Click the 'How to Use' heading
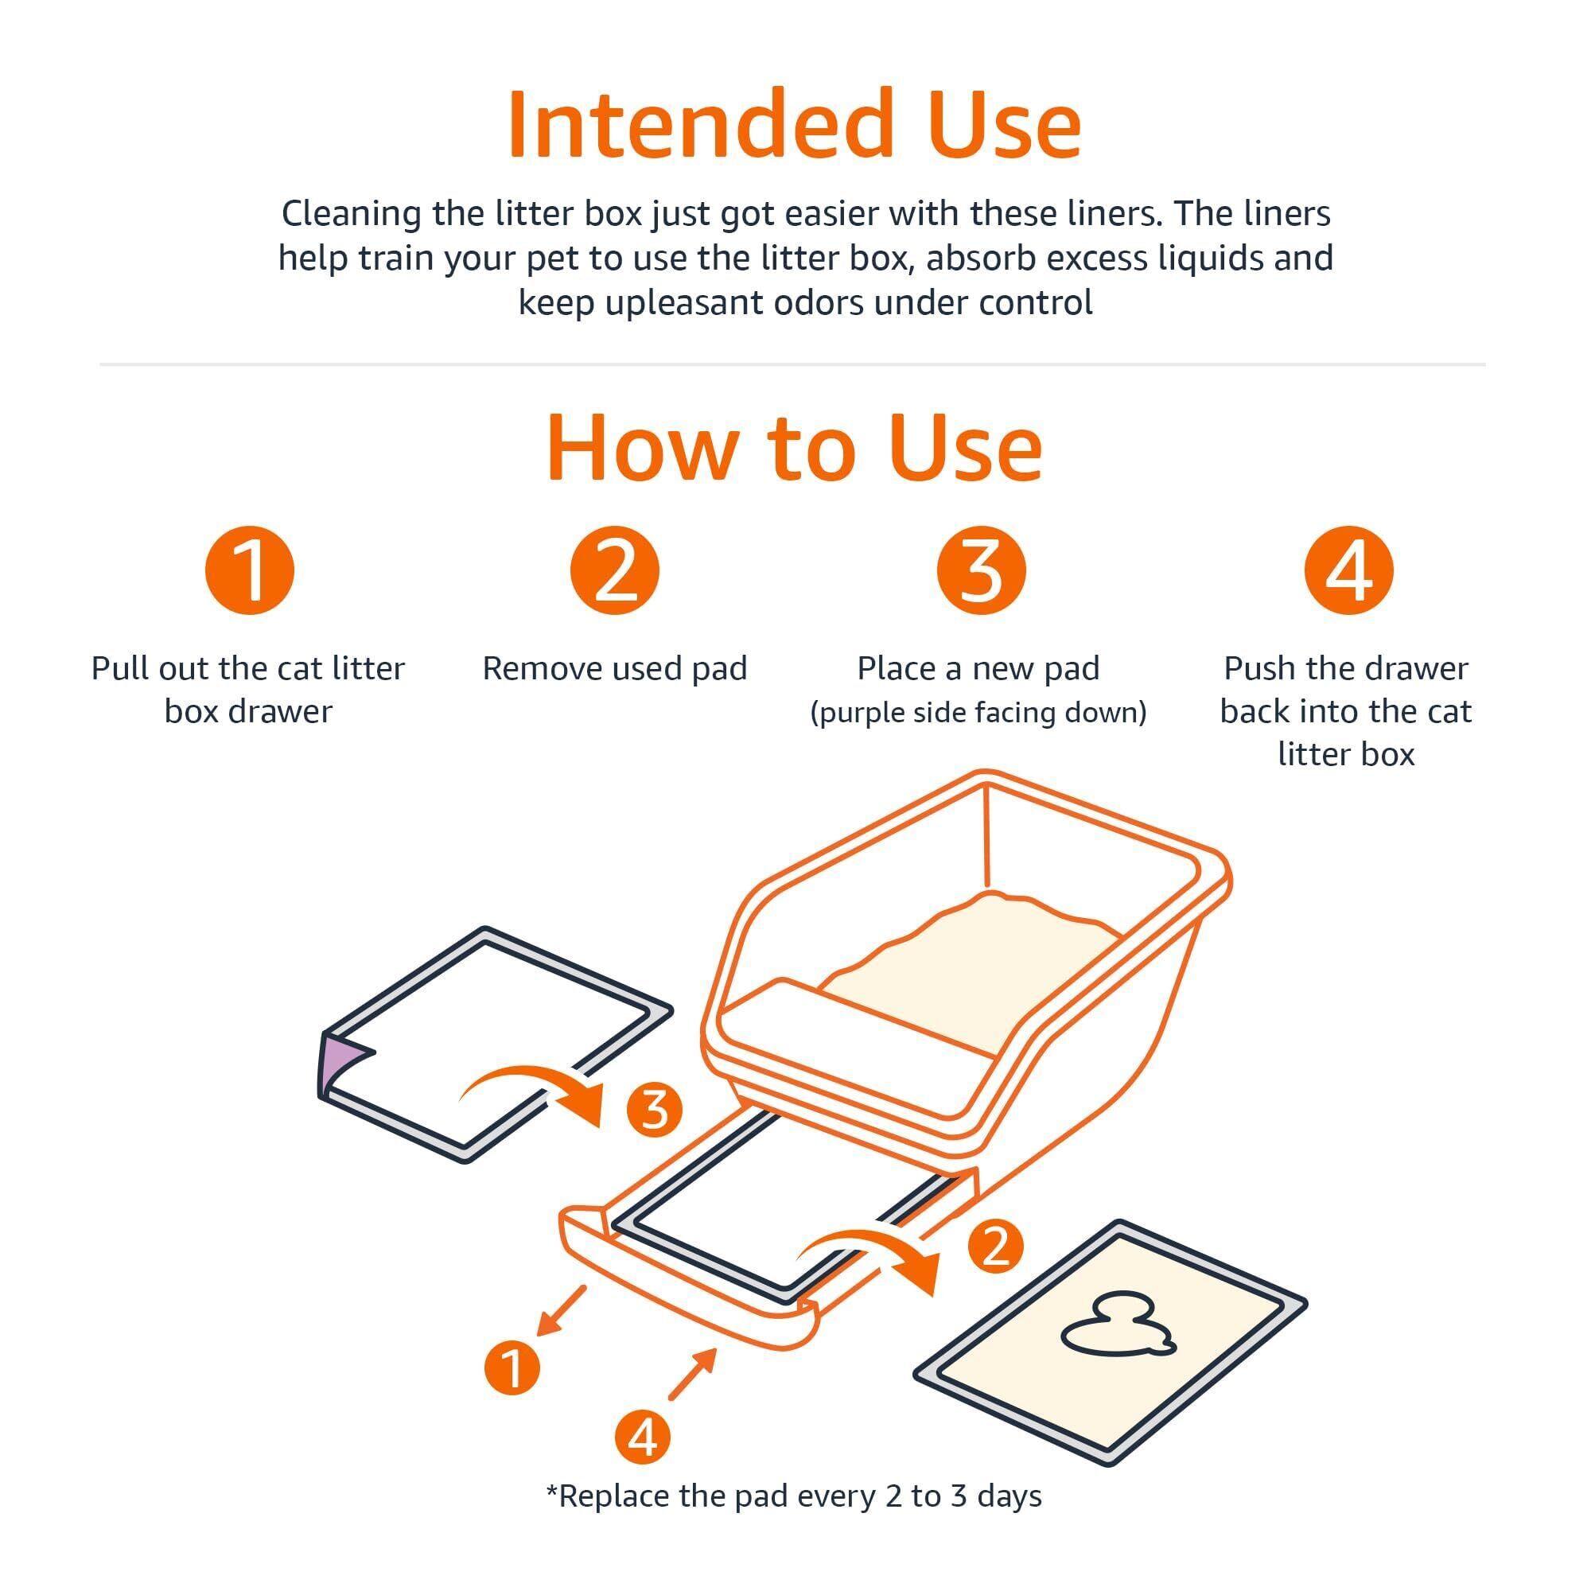(x=795, y=447)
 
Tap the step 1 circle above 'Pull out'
(x=250, y=570)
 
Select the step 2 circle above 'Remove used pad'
(x=615, y=570)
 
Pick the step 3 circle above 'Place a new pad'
(x=981, y=570)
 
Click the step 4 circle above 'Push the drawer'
(x=1348, y=570)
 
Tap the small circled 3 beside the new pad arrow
(x=655, y=1109)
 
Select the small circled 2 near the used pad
(x=996, y=1246)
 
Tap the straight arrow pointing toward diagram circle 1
(x=560, y=1311)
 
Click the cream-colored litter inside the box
(x=972, y=963)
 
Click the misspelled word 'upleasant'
(x=710, y=303)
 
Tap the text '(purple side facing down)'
(x=978, y=712)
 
